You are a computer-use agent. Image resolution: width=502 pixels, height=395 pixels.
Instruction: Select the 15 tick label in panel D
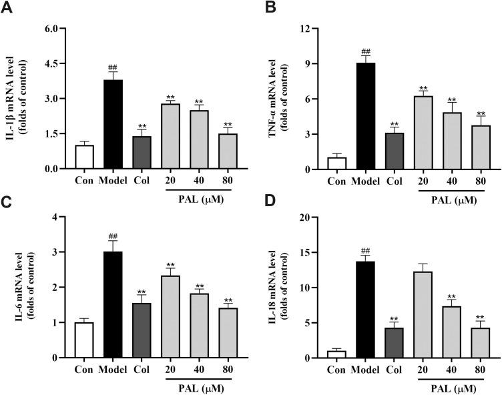click(x=304, y=253)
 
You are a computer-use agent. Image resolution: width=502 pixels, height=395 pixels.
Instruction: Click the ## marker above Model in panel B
click(x=365, y=52)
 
